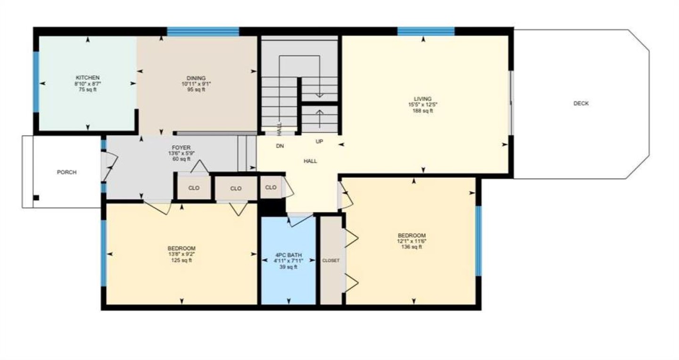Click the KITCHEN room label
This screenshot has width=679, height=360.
tap(88, 78)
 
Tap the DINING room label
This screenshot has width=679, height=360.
tap(196, 78)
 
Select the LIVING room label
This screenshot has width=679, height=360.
tap(422, 99)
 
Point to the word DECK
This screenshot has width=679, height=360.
tap(581, 103)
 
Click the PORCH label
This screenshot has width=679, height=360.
tap(66, 172)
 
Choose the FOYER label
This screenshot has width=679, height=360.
tap(181, 148)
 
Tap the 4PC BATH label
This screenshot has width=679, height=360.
tap(288, 255)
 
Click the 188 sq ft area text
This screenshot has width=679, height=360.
tap(422, 111)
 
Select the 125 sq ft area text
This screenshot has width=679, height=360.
tap(181, 260)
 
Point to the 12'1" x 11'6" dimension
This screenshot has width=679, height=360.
tap(411, 241)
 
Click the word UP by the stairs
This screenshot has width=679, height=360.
tap(319, 141)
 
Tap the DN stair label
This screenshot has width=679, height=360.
tap(280, 146)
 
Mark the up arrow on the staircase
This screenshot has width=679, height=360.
tap(320, 115)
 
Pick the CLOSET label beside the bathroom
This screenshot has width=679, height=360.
tap(331, 261)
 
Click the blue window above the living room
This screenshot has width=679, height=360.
tap(426, 31)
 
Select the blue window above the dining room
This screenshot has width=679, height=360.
tap(203, 32)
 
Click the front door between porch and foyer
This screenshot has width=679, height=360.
tap(109, 166)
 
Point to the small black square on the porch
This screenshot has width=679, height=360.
tap(36, 198)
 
